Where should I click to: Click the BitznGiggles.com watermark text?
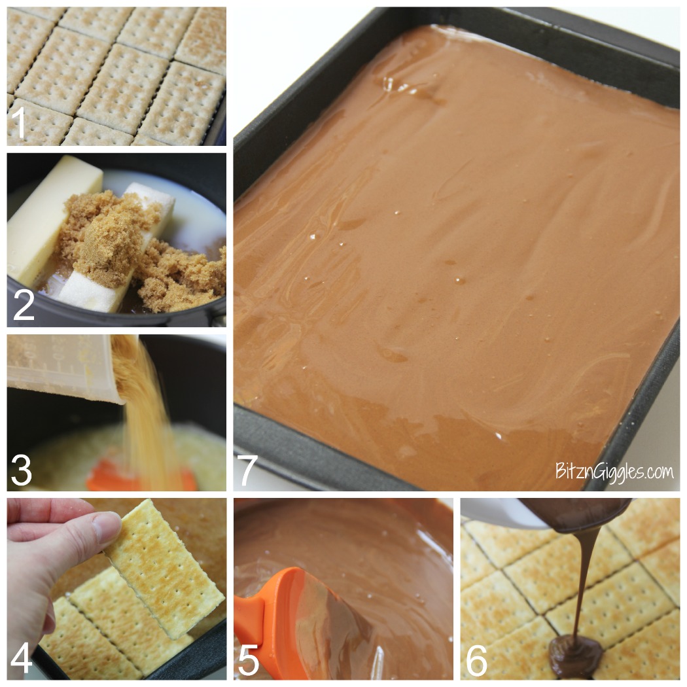pos(614,471)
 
